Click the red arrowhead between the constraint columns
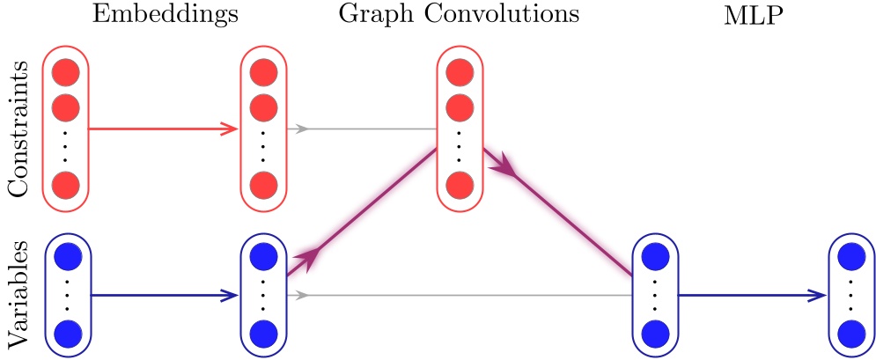coord(231,129)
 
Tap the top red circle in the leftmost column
coord(66,73)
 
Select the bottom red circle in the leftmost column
coord(66,186)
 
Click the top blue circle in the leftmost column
coord(66,256)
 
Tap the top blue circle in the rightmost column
coord(850,257)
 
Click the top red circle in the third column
coord(459,73)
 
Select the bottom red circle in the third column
coord(459,186)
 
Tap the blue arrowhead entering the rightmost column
coord(818,296)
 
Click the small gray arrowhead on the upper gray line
coord(302,129)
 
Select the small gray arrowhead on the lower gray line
coord(302,295)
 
